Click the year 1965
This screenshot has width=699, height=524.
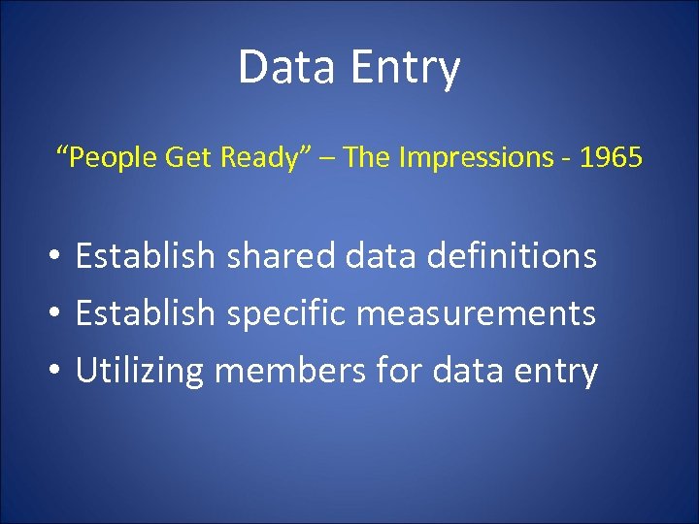[610, 157]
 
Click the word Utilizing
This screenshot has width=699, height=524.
[140, 371]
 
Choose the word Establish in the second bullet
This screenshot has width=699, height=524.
[145, 313]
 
